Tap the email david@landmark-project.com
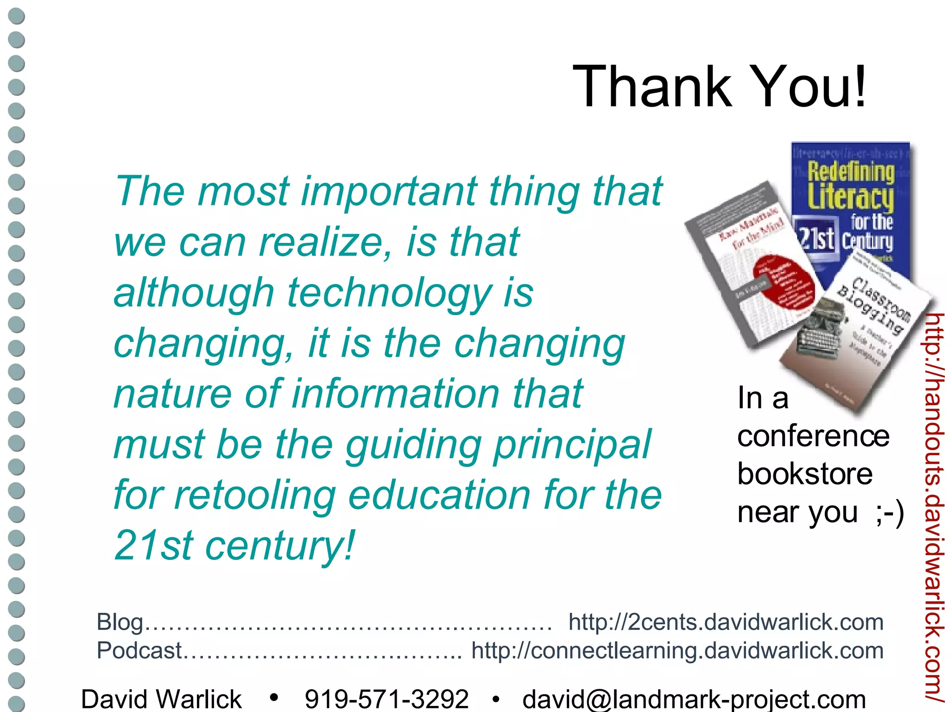(694, 699)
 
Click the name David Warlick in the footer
(161, 699)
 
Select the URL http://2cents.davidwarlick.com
(726, 622)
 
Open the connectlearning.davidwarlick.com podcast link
(677, 650)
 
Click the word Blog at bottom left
(120, 622)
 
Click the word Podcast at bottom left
(139, 650)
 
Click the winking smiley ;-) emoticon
(890, 513)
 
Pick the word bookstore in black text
(805, 474)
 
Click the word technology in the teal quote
(390, 293)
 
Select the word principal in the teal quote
(572, 445)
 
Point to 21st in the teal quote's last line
(153, 546)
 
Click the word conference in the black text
(813, 436)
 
